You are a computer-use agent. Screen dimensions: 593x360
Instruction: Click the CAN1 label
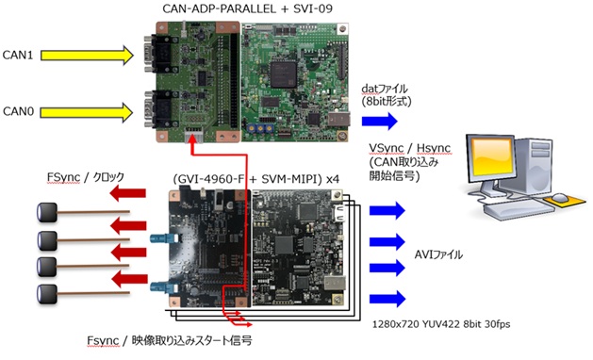[x=18, y=56]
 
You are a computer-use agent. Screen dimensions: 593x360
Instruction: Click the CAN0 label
[x=18, y=111]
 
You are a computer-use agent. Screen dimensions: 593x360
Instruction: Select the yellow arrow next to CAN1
[x=87, y=56]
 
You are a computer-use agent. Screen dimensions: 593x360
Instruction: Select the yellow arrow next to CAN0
[x=87, y=112]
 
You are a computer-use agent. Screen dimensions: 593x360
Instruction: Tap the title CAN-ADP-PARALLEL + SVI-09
[x=248, y=8]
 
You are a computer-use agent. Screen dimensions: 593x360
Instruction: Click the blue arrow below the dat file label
[x=380, y=121]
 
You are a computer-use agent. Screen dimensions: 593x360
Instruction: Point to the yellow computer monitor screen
[x=491, y=155]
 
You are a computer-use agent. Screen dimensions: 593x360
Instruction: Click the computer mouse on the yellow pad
[x=560, y=197]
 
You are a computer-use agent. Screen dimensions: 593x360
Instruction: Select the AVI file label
[x=438, y=254]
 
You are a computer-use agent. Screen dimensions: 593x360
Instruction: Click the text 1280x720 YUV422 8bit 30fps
[x=441, y=324]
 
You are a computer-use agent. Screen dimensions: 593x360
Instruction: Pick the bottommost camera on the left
[x=47, y=295]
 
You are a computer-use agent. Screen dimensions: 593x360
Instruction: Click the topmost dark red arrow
[x=128, y=193]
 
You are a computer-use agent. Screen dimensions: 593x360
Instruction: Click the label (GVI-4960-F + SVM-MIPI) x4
[x=256, y=179]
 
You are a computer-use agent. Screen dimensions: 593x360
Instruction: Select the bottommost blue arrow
[x=387, y=299]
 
